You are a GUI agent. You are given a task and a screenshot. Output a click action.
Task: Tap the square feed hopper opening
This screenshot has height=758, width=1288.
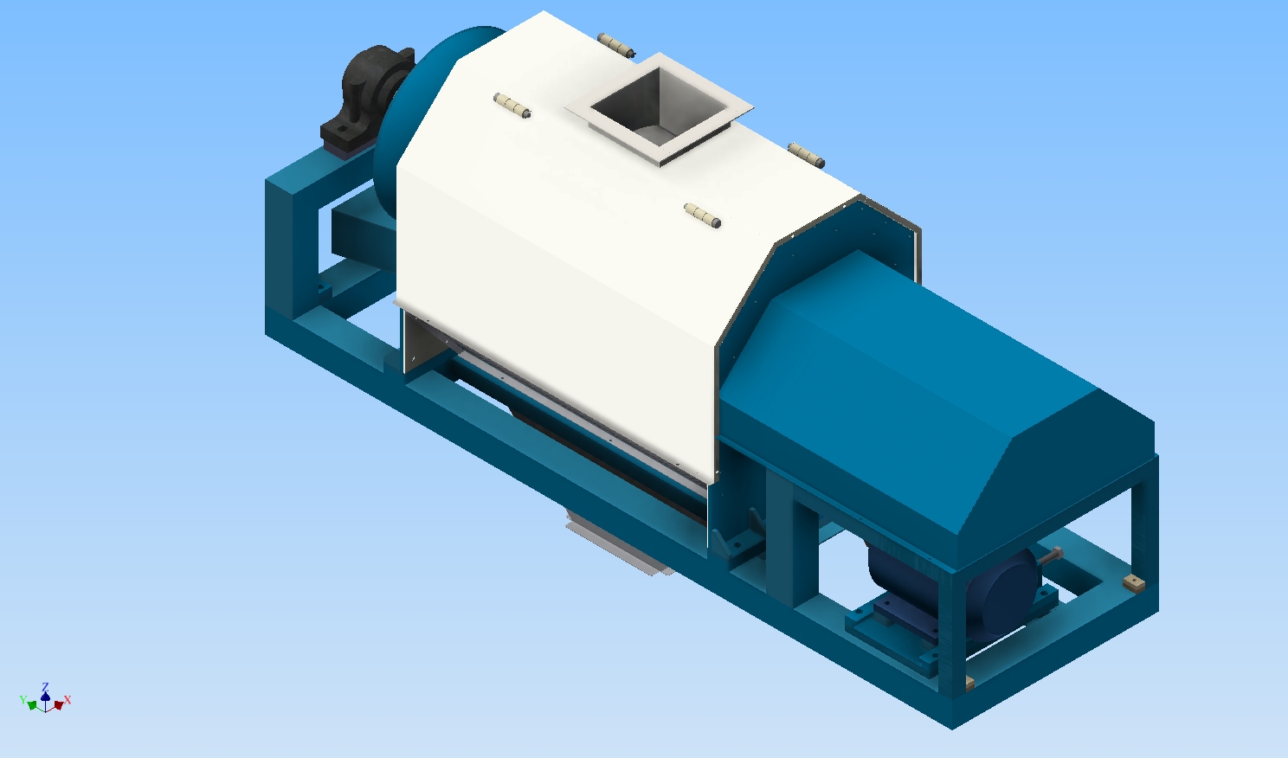tap(659, 109)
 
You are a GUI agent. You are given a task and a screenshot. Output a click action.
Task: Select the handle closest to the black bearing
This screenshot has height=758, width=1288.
tap(512, 106)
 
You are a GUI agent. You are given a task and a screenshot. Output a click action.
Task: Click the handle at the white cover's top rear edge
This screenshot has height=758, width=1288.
tap(615, 45)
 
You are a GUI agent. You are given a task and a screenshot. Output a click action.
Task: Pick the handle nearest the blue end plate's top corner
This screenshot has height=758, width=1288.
tap(806, 155)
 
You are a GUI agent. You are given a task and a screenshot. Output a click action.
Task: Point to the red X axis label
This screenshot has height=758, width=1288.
tap(68, 700)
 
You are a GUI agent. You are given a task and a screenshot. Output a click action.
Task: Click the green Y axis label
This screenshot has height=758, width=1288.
tap(23, 700)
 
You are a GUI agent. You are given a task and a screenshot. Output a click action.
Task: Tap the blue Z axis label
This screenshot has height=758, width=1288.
tap(45, 687)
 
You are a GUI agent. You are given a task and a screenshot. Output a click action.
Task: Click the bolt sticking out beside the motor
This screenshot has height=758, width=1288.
tap(1050, 556)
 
